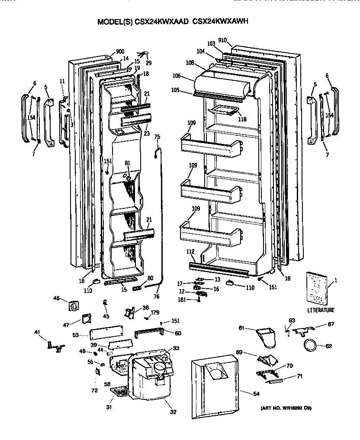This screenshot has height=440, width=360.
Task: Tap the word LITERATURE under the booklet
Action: pyautogui.click(x=321, y=310)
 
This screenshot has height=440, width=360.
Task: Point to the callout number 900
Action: pyautogui.click(x=120, y=51)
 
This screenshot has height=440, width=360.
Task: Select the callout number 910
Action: pyautogui.click(x=235, y=40)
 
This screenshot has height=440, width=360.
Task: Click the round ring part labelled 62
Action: pyautogui.click(x=309, y=345)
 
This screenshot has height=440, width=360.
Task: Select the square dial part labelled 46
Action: pyautogui.click(x=74, y=306)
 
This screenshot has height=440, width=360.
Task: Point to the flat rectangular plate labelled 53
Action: pyautogui.click(x=106, y=333)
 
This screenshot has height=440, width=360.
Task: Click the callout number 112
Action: pyautogui.click(x=190, y=252)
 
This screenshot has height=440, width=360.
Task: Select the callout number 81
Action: pyautogui.click(x=127, y=163)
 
